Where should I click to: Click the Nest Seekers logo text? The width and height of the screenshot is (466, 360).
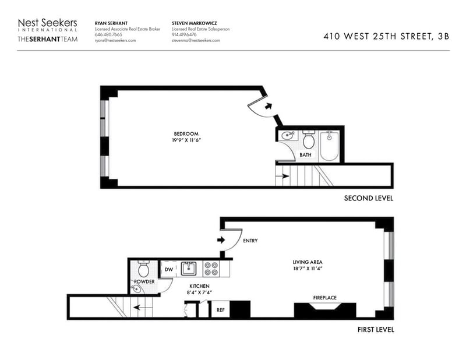click(x=48, y=23)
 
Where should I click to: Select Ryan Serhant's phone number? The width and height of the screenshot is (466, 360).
click(x=108, y=34)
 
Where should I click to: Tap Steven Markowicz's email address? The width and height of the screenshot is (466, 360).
click(x=196, y=40)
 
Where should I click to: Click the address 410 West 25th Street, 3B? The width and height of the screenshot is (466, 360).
click(x=386, y=36)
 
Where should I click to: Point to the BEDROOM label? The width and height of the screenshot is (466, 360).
click(x=186, y=134)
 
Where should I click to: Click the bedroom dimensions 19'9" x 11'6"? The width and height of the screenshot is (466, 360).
click(x=186, y=140)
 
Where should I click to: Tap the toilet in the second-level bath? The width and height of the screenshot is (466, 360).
click(x=309, y=139)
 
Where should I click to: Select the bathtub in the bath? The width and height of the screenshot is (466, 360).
click(x=329, y=146)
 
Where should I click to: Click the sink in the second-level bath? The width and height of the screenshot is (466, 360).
click(x=288, y=136)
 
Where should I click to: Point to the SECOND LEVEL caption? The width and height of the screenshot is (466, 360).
click(x=369, y=198)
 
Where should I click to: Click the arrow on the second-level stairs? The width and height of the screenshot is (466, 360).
click(x=283, y=176)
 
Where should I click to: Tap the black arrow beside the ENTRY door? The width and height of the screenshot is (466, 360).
click(x=221, y=239)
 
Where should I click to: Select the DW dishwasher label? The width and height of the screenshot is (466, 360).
click(x=169, y=270)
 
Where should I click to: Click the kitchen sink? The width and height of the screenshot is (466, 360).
click(x=188, y=269)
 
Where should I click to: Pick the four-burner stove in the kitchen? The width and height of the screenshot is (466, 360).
click(x=211, y=269)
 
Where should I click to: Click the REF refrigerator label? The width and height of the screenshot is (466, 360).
click(x=221, y=310)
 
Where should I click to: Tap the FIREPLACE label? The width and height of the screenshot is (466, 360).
click(x=325, y=298)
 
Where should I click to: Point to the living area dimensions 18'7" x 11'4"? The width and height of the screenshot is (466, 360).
click(x=308, y=268)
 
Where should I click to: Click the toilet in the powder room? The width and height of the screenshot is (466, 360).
click(x=144, y=269)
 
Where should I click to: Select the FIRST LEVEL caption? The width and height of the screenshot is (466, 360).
click(x=376, y=329)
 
